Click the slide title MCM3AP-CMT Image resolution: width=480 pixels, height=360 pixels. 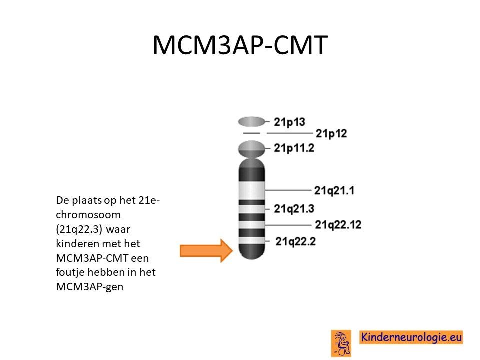click(x=240, y=45)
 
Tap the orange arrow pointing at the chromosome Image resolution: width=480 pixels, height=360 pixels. click(x=206, y=251)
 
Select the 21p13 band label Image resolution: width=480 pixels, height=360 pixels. click(x=289, y=122)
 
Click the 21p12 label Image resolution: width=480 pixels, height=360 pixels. click(x=331, y=133)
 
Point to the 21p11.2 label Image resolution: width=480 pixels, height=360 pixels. click(x=294, y=148)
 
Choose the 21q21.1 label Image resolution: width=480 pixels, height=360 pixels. click(x=334, y=190)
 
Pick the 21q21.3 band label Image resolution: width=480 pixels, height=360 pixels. click(x=294, y=209)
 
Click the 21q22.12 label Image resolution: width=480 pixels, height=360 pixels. click(x=338, y=224)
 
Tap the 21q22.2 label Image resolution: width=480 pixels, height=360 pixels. click(x=295, y=241)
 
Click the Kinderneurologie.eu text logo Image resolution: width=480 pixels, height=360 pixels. click(x=411, y=337)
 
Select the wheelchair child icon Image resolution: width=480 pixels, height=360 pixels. click(x=341, y=343)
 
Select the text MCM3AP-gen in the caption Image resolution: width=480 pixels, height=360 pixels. click(x=89, y=287)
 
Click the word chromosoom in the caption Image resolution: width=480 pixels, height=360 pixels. click(x=88, y=215)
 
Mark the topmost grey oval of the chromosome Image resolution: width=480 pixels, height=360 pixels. click(x=251, y=122)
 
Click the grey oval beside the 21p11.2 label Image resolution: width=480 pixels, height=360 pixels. click(x=251, y=149)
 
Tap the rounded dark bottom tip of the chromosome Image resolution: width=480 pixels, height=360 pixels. click(x=251, y=252)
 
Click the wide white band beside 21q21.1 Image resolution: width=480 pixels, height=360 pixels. click(x=251, y=190)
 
